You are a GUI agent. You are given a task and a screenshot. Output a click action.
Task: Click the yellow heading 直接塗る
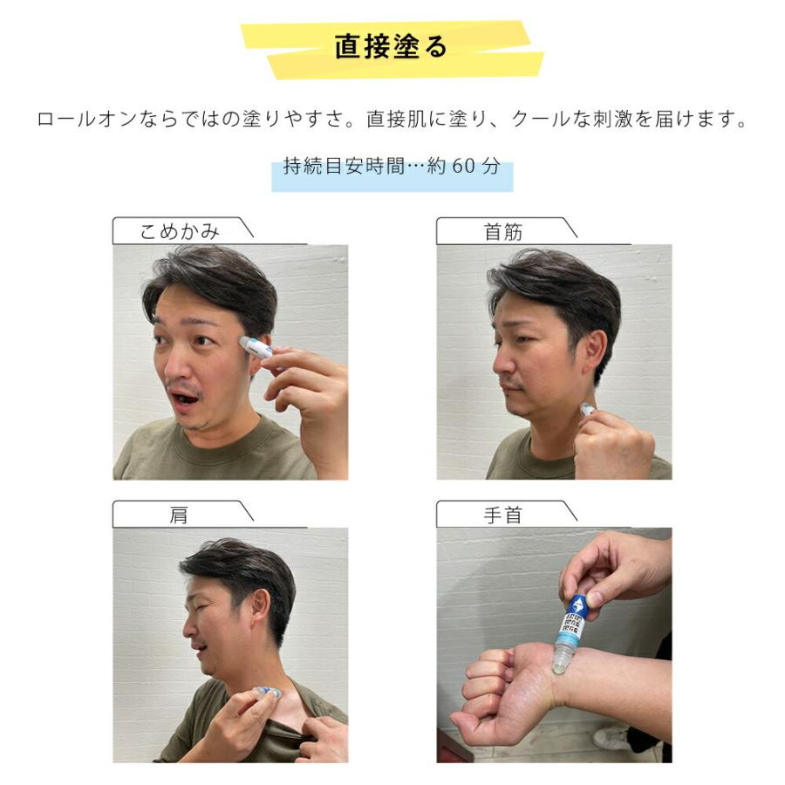coord(391,47)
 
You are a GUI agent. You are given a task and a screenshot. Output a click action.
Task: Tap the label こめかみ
coord(180,232)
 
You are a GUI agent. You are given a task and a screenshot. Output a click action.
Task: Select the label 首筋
coord(503,232)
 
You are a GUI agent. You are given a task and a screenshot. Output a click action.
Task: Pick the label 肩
coord(178,515)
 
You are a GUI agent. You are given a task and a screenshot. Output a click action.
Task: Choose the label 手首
coord(503,515)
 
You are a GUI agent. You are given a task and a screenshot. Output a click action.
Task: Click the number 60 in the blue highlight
coord(465,166)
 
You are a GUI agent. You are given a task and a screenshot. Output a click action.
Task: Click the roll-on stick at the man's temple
coord(256,346)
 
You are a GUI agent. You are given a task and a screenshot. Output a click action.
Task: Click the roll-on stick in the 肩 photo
coord(265,694)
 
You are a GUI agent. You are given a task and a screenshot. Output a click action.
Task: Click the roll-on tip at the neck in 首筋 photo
coord(587,409)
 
